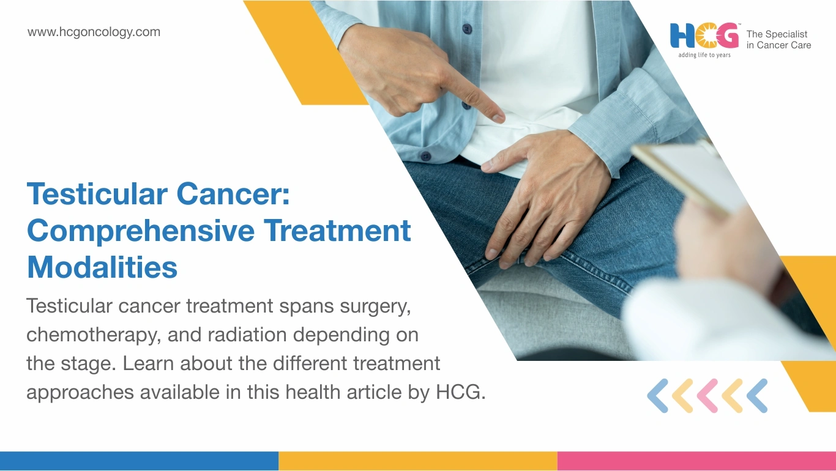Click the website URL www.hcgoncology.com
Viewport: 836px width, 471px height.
(x=94, y=32)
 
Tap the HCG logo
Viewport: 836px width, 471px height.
(x=704, y=36)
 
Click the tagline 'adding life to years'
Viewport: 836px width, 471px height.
(x=704, y=55)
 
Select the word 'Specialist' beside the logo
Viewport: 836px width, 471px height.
(x=786, y=34)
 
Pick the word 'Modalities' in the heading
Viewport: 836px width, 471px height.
(x=102, y=267)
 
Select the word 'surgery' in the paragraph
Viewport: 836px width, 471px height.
(x=375, y=307)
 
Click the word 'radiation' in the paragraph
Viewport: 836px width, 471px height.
(x=247, y=334)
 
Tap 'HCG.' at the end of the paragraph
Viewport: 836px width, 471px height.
(x=461, y=392)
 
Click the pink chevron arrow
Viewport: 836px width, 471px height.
(x=707, y=396)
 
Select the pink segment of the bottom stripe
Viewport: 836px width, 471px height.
(x=697, y=461)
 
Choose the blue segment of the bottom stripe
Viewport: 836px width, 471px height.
(x=139, y=461)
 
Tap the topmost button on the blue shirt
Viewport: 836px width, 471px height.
(x=467, y=28)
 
